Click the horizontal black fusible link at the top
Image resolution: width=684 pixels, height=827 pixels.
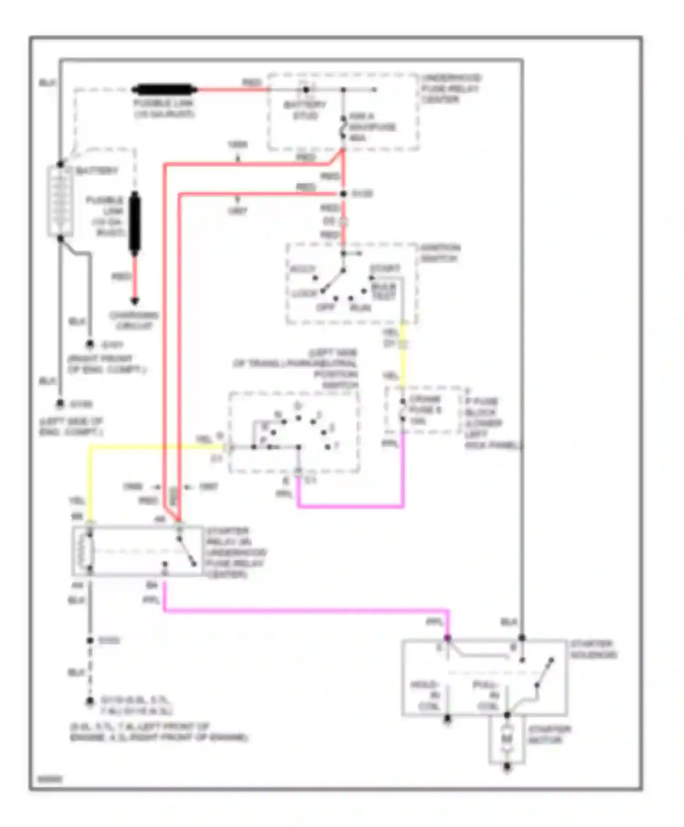coord(164,89)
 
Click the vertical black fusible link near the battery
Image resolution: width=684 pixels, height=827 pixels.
coord(135,223)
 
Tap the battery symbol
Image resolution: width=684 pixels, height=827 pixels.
coord(60,201)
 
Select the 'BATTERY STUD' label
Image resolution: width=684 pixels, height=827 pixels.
coord(305,110)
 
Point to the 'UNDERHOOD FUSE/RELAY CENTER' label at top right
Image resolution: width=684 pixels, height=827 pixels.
coord(451,88)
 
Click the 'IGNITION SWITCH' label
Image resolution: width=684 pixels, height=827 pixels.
coord(440,253)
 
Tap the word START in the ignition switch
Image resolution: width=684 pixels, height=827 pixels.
coord(385,268)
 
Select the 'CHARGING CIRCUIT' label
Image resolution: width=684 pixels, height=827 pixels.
coord(134,320)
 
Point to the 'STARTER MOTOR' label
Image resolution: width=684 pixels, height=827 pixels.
coord(549,734)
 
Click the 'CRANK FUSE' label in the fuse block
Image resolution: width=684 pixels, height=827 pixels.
coord(424,409)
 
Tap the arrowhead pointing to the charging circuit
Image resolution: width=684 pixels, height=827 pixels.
coord(135,301)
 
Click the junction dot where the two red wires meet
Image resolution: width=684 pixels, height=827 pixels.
coord(343,194)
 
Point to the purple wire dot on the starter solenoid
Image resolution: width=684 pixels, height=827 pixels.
coord(448,638)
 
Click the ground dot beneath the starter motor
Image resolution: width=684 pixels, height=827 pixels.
coord(507,768)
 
